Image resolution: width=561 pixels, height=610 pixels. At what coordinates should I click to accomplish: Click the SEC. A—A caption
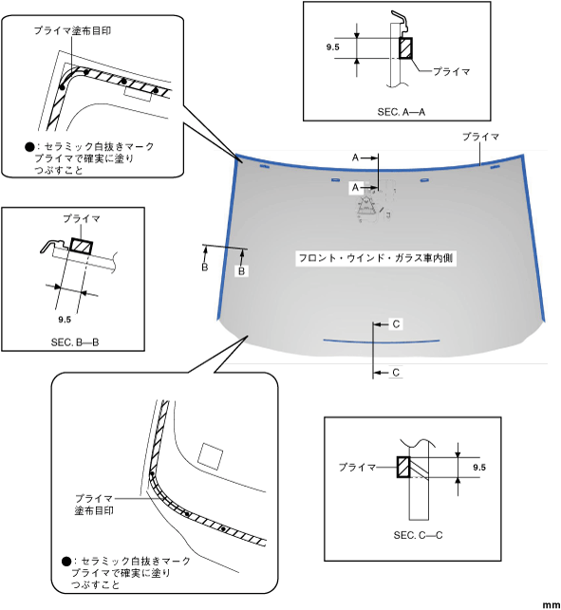click(x=401, y=112)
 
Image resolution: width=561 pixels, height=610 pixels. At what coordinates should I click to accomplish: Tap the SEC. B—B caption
click(x=75, y=342)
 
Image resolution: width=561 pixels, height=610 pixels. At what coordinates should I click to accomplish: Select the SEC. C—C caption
click(x=418, y=535)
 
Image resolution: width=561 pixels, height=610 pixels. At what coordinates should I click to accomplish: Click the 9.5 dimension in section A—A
click(x=333, y=47)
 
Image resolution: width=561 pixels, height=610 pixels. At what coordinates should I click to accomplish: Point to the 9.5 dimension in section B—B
click(x=65, y=320)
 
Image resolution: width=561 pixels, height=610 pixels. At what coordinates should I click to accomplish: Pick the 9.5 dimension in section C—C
click(x=479, y=467)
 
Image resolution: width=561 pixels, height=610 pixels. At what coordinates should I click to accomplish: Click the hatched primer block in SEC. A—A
click(x=405, y=47)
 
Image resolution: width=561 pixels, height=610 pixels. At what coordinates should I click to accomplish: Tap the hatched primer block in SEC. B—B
click(x=82, y=247)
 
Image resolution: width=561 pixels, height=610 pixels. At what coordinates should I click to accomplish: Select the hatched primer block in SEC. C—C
click(x=402, y=467)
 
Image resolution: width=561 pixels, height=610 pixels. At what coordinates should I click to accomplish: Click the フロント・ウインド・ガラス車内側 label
click(x=376, y=258)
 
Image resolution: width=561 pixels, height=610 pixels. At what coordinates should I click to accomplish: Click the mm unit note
click(x=552, y=605)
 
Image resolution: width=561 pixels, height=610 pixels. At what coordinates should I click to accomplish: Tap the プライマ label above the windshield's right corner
click(x=480, y=137)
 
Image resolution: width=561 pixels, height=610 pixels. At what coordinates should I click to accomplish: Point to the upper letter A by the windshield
click(x=355, y=157)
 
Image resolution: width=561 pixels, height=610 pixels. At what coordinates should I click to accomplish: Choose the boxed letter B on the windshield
click(x=241, y=270)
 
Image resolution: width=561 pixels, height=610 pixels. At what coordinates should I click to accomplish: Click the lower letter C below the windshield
click(x=396, y=372)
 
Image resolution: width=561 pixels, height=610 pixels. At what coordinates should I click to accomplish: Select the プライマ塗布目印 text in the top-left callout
click(x=72, y=30)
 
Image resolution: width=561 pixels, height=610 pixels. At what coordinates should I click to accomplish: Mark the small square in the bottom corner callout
click(x=210, y=456)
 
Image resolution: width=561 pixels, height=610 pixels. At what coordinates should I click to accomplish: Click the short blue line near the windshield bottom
click(x=382, y=342)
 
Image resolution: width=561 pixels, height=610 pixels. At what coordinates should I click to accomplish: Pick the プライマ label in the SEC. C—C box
click(x=357, y=467)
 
